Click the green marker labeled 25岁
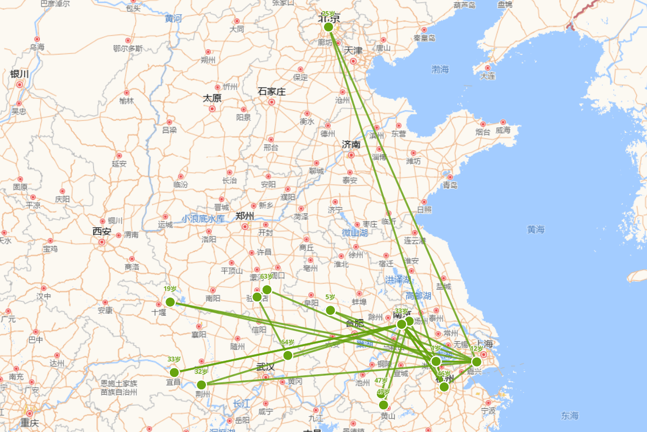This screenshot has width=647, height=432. click(x=328, y=27)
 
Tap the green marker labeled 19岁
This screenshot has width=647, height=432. click(x=170, y=302)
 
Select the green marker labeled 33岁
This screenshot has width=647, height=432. click(x=174, y=372)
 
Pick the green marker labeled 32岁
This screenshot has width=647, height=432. click(x=201, y=384)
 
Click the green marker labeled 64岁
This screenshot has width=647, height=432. click(x=288, y=355)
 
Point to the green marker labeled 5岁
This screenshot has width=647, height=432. click(x=331, y=310)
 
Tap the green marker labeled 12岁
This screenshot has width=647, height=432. click(x=477, y=361)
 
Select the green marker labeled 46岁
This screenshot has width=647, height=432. click(x=444, y=387)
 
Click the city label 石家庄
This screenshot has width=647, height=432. click(x=272, y=92)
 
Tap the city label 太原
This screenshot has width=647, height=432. click(x=212, y=98)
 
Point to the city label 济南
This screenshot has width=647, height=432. click(x=351, y=145)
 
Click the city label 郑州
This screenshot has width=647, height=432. click(x=245, y=216)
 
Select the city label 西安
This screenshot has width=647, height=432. click(x=101, y=232)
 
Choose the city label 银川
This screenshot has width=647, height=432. click(x=19, y=74)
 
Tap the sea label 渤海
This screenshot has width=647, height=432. click(x=440, y=69)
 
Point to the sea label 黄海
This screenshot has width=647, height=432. click(x=536, y=230)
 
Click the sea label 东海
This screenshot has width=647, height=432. click(x=569, y=415)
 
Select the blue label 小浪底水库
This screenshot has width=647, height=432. click(x=203, y=219)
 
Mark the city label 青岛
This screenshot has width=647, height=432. click(x=450, y=185)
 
